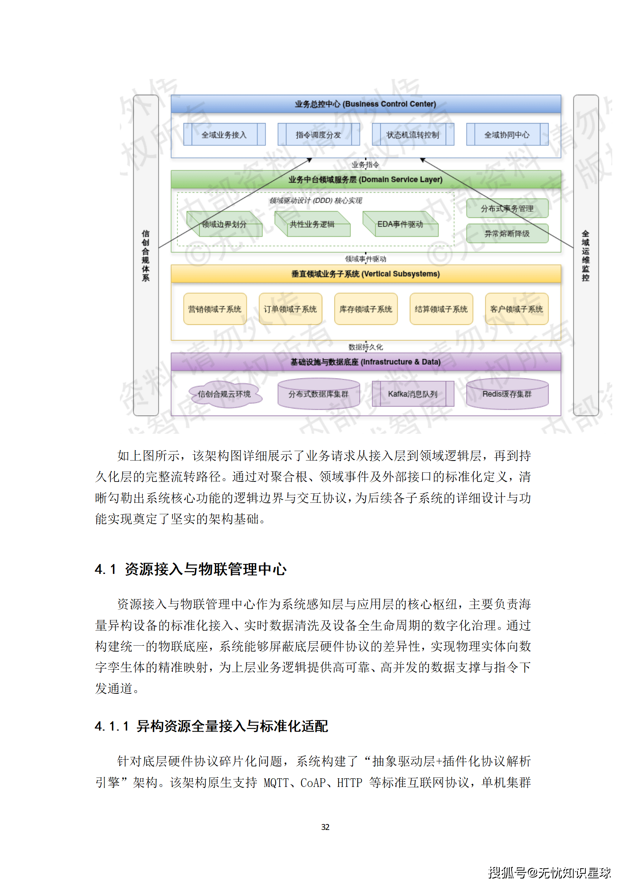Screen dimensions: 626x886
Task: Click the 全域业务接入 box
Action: pyautogui.click(x=224, y=135)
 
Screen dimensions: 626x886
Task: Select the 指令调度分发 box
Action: pyautogui.click(x=318, y=135)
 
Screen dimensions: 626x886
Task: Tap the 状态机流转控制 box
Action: pyautogui.click(x=413, y=135)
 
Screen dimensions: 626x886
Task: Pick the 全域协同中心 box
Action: pyautogui.click(x=507, y=135)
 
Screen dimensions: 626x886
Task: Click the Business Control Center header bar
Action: pyautogui.click(x=366, y=104)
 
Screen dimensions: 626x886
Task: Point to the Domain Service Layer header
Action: pyautogui.click(x=366, y=180)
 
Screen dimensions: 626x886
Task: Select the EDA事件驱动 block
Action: pyautogui.click(x=400, y=225)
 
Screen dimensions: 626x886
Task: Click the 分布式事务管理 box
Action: pyautogui.click(x=507, y=208)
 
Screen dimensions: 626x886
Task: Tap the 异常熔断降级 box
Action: pyautogui.click(x=507, y=234)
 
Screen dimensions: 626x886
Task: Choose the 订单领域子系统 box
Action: pyautogui.click(x=290, y=309)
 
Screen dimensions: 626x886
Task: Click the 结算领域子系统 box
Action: pyautogui.click(x=441, y=309)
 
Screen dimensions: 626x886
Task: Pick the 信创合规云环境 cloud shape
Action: pyautogui.click(x=224, y=394)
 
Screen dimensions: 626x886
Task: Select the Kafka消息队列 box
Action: pyautogui.click(x=413, y=394)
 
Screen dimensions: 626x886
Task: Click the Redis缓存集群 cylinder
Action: pyautogui.click(x=507, y=394)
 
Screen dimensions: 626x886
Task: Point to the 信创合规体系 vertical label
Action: pyautogui.click(x=146, y=255)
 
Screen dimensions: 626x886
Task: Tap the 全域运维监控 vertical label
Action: pyautogui.click(x=586, y=255)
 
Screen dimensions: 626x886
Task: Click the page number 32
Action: pyautogui.click(x=325, y=827)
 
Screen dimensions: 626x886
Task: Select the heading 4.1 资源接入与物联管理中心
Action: pyautogui.click(x=191, y=569)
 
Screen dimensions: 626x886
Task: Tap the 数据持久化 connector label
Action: pyautogui.click(x=366, y=347)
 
